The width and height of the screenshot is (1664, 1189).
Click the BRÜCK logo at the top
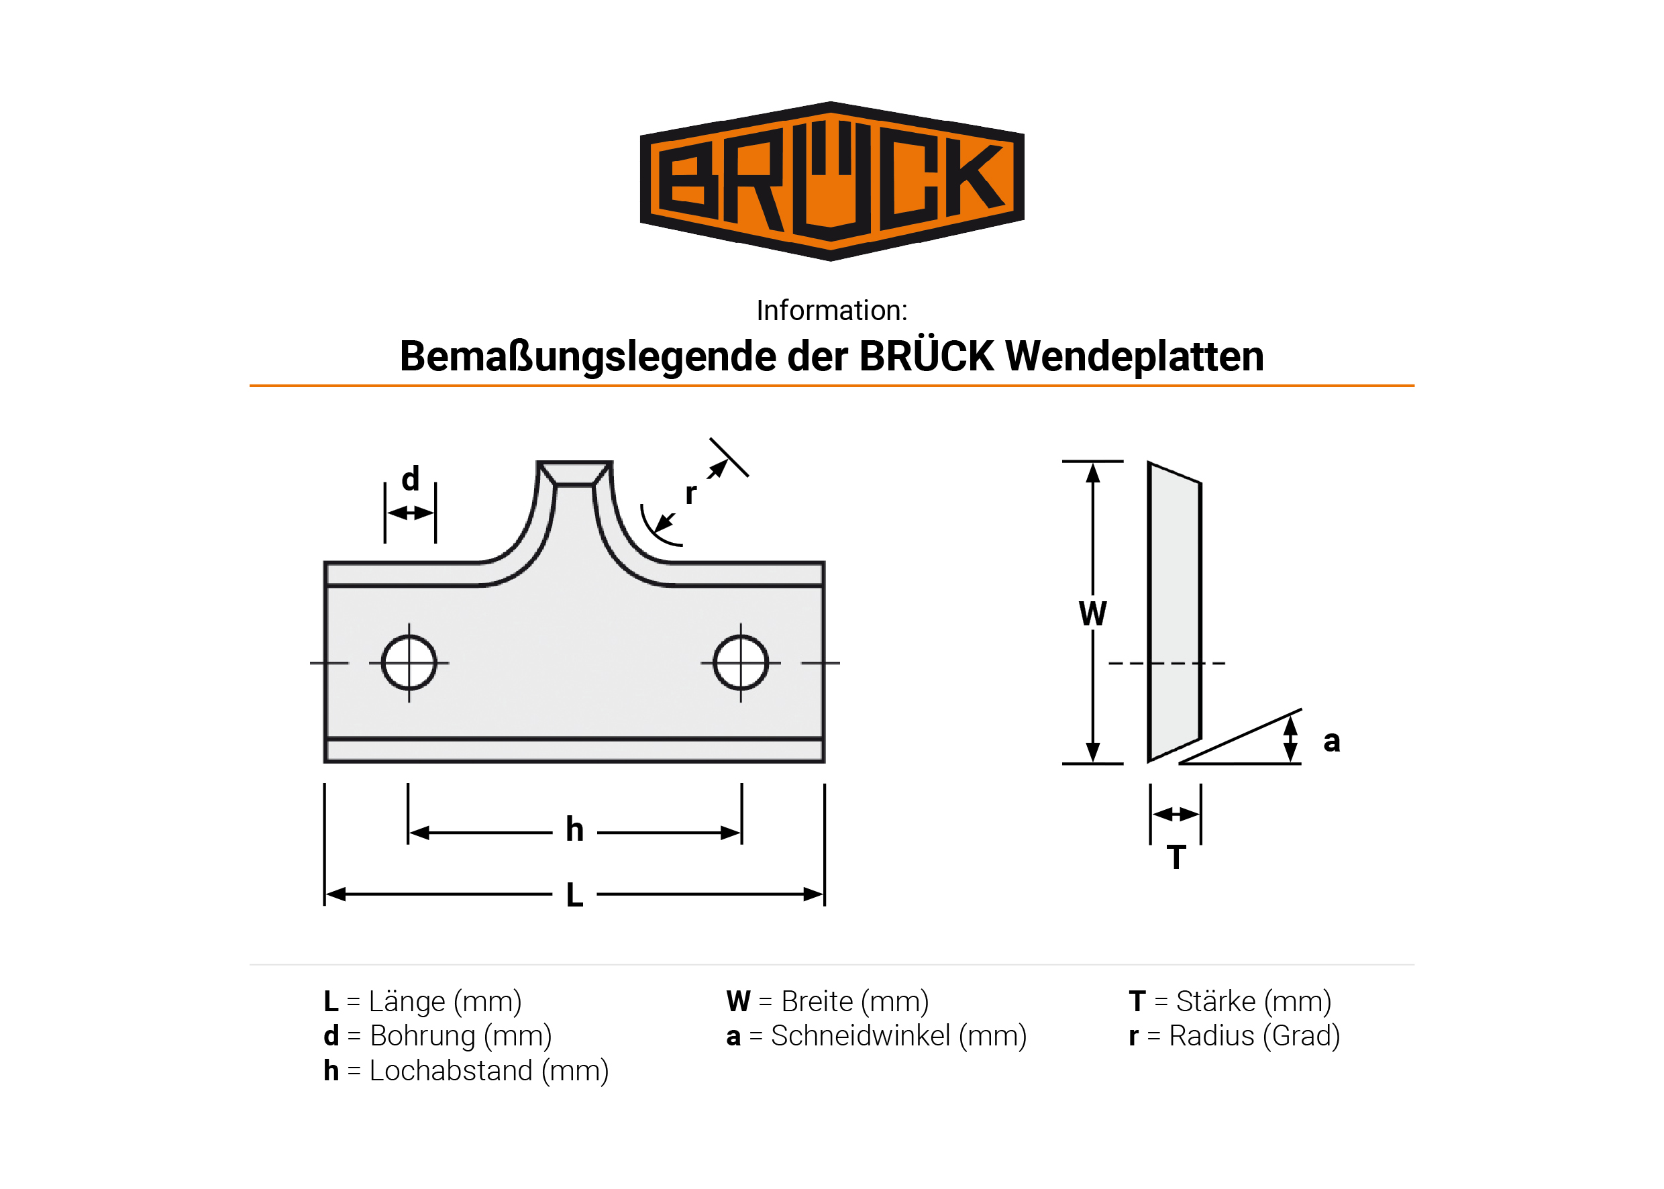click(831, 181)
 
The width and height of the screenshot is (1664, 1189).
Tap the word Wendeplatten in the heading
click(1134, 356)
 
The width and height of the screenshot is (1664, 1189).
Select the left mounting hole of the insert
click(409, 662)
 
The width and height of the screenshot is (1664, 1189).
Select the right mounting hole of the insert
click(740, 662)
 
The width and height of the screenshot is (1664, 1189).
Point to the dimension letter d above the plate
click(410, 478)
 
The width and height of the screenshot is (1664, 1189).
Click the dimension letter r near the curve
click(690, 495)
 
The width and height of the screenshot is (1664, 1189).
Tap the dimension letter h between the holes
click(574, 829)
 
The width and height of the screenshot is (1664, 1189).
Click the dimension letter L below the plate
click(574, 894)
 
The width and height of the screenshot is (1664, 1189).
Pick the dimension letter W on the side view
click(1092, 613)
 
